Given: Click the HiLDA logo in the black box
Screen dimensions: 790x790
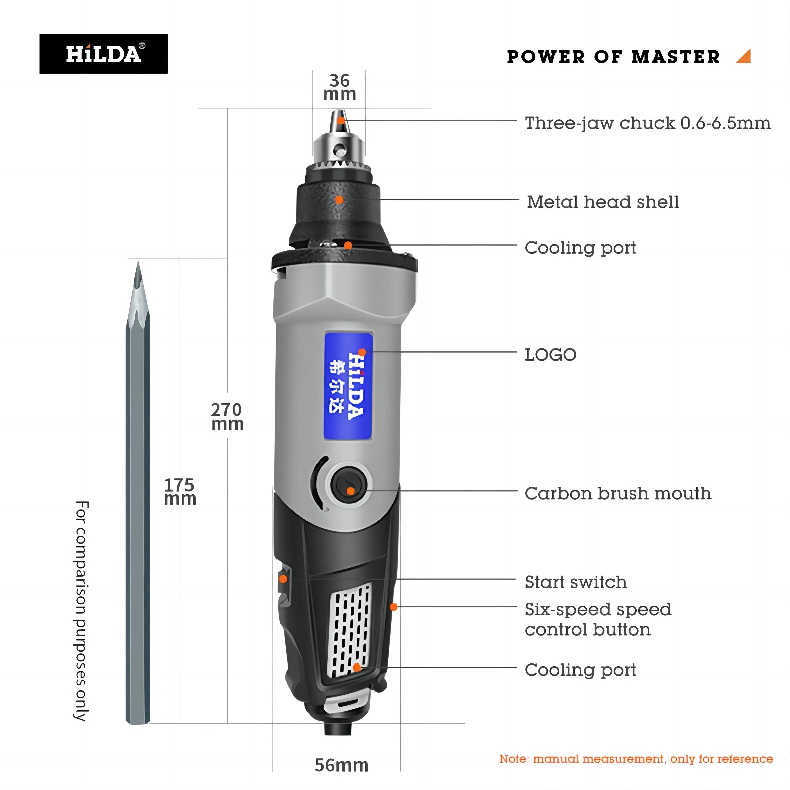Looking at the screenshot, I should (x=103, y=54).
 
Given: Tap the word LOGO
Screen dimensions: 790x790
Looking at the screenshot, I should (x=550, y=355).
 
